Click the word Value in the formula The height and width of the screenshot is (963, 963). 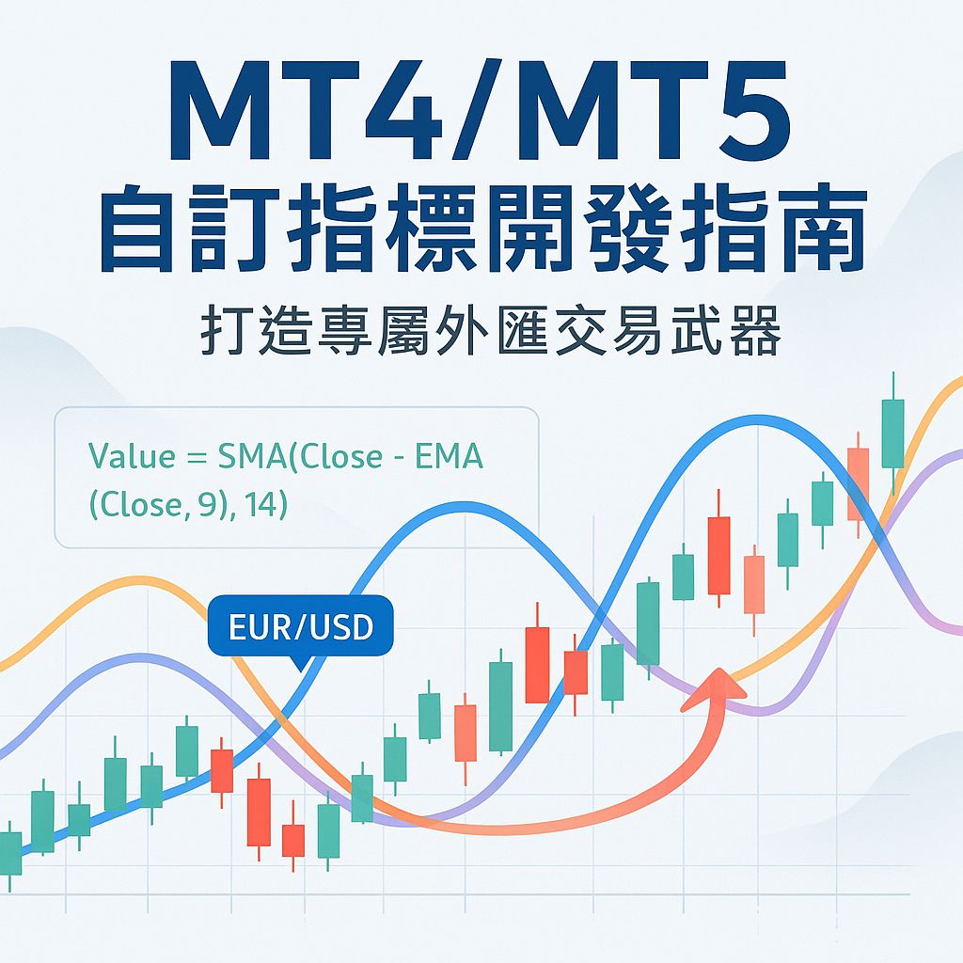pyautogui.click(x=132, y=457)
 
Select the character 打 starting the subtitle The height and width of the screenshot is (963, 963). pyautogui.click(x=223, y=334)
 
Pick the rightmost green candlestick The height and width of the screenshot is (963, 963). pyautogui.click(x=892, y=433)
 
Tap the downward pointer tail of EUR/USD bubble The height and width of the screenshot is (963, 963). pyautogui.click(x=299, y=663)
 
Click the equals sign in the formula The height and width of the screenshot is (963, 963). pyautogui.click(x=196, y=458)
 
